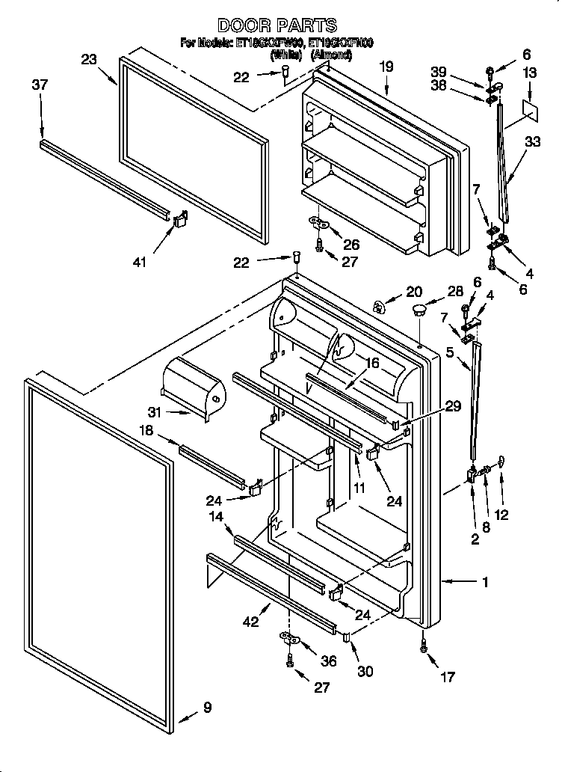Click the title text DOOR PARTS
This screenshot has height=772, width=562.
277,26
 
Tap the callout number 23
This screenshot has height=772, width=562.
89,61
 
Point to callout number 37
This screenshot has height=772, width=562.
40,85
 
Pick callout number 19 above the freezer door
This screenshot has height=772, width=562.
386,67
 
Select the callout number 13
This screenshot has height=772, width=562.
530,73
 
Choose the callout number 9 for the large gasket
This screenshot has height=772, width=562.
207,707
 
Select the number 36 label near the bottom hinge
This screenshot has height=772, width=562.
328,661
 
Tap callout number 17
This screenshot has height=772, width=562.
447,679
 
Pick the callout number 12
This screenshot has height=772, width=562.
501,515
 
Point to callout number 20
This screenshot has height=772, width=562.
413,292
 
